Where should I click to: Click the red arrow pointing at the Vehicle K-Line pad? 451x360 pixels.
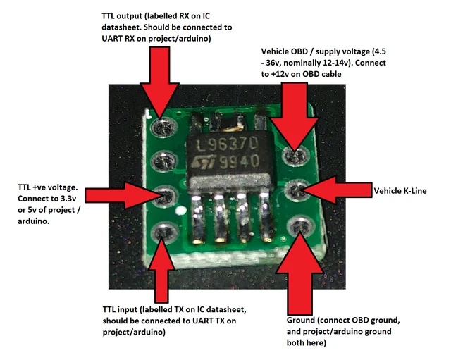coord(331,189)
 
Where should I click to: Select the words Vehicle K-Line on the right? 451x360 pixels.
coord(400,190)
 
